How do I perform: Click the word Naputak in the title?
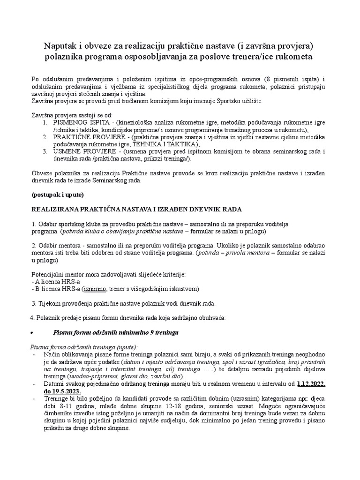click(x=61, y=45)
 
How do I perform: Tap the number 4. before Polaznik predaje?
click(x=32, y=318)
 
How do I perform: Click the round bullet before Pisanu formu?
click(x=31, y=332)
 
